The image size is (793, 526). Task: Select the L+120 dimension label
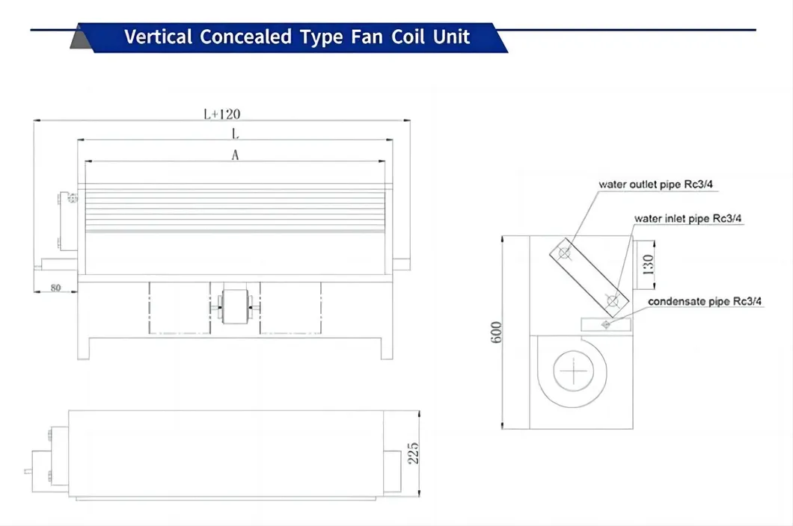pyautogui.click(x=221, y=114)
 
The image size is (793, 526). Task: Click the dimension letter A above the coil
pyautogui.click(x=235, y=155)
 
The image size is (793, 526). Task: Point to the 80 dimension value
pyautogui.click(x=55, y=288)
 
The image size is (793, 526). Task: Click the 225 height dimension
pyautogui.click(x=413, y=454)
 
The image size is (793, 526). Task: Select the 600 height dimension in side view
pyautogui.click(x=496, y=332)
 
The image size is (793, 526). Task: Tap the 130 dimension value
pyautogui.click(x=648, y=264)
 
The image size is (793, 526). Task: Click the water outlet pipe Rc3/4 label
pyautogui.click(x=655, y=185)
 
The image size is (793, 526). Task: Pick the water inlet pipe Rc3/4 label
pyautogui.click(x=688, y=218)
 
